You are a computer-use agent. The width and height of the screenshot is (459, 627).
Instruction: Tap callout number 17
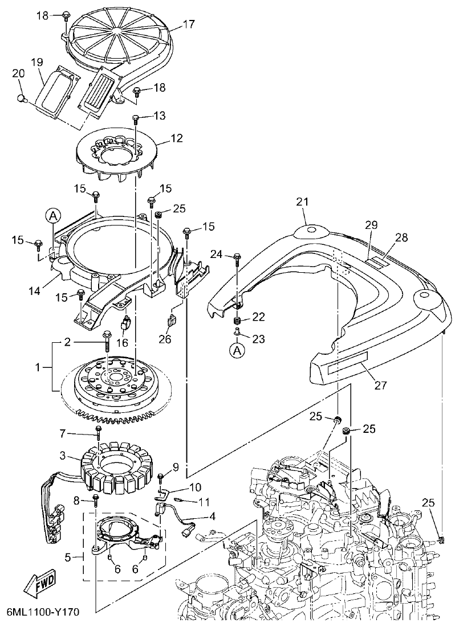click(189, 24)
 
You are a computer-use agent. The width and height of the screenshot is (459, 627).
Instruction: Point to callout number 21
click(302, 201)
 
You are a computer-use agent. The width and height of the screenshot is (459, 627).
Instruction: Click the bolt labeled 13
click(136, 118)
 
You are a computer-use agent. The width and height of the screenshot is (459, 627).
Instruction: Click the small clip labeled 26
click(170, 322)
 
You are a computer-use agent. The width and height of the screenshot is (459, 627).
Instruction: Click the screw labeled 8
click(96, 501)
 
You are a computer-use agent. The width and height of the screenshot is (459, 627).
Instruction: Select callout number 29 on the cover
click(372, 226)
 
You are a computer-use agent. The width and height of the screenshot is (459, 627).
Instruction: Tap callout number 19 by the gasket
click(37, 61)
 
